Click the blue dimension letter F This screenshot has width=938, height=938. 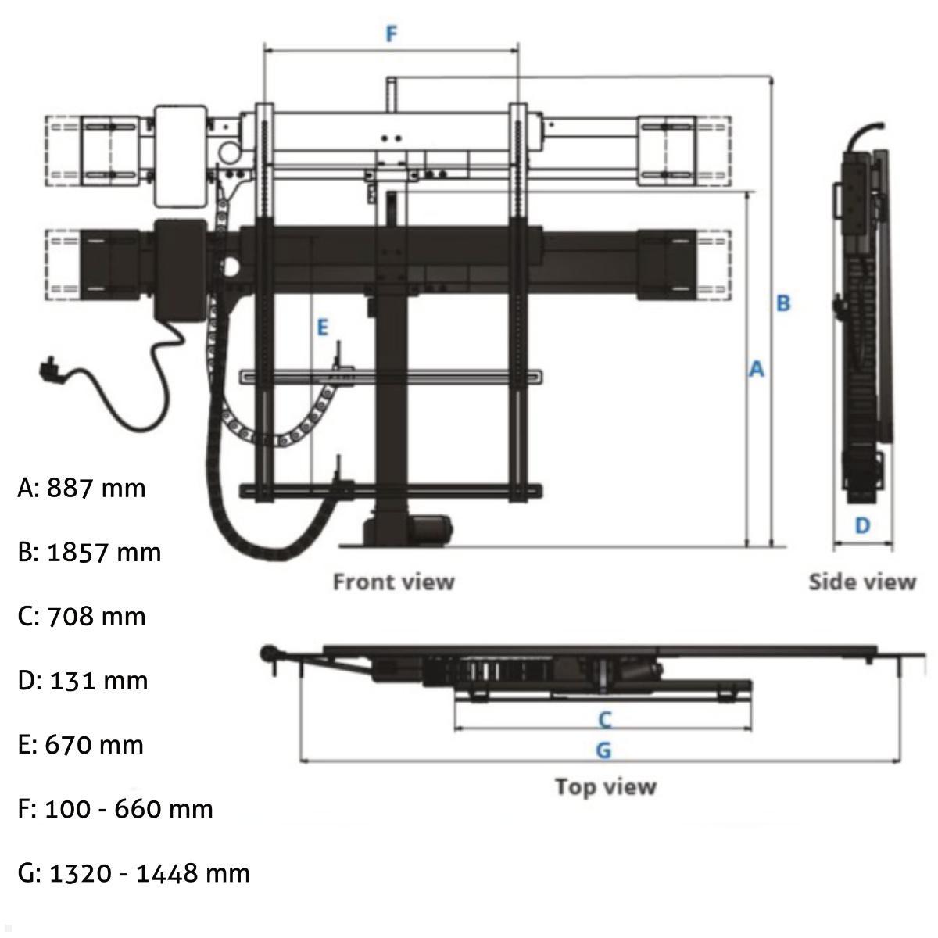point(392,34)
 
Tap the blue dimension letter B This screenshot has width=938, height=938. point(783,303)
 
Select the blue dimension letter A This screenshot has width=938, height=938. point(756,369)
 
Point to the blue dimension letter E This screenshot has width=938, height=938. point(322,328)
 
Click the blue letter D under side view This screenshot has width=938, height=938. point(862,525)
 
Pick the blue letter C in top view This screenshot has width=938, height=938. point(604,718)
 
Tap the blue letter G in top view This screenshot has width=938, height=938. point(603,750)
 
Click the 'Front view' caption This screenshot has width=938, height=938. point(393,582)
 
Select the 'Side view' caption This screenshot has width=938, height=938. point(861,582)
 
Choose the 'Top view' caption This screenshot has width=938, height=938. point(605,786)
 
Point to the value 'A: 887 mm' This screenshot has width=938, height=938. point(81,488)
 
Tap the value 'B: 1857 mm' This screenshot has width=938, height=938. point(89,552)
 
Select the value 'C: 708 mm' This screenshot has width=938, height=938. point(81,616)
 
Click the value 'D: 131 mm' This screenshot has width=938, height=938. point(82,680)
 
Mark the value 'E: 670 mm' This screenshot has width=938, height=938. point(81,744)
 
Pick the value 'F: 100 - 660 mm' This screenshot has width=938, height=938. point(115,808)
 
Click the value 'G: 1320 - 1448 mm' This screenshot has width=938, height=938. point(134,872)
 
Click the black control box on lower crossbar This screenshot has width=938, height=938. point(181,268)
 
